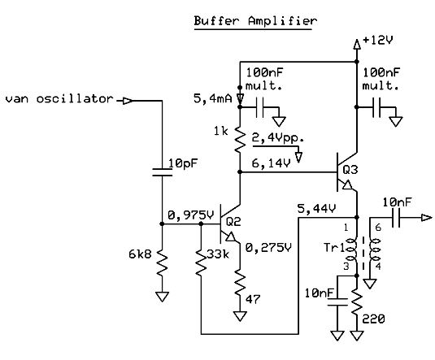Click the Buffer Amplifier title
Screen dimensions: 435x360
coord(255,21)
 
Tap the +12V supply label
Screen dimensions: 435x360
coord(378,41)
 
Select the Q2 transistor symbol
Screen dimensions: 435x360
coord(228,223)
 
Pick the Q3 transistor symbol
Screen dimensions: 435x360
coord(345,172)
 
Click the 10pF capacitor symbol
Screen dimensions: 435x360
coord(162,172)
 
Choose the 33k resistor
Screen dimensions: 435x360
coord(201,262)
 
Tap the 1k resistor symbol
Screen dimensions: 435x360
coord(240,139)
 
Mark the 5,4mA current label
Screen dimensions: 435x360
coord(212,99)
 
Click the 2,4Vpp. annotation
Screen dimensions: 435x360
coord(277,138)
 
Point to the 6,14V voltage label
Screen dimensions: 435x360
coord(271,163)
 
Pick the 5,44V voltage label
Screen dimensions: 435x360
coord(316,209)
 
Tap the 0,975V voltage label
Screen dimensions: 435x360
coord(191,215)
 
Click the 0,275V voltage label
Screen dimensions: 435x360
coord(268,248)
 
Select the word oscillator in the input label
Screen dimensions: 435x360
coord(75,99)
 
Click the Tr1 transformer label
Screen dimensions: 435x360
coord(334,247)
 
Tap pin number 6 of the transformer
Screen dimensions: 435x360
coord(378,228)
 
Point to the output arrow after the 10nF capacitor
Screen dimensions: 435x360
coord(427,218)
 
